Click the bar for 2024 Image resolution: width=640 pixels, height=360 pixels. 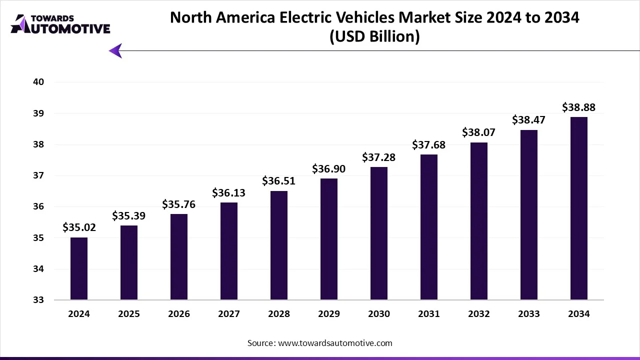(79, 268)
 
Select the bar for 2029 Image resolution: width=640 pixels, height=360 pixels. (329, 239)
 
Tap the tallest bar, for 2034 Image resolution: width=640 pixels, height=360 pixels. (579, 208)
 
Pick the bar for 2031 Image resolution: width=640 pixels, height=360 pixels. (429, 227)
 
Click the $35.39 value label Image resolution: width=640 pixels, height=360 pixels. (129, 216)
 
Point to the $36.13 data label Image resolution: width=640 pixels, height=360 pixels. (229, 192)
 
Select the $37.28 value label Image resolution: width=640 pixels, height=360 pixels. (379, 157)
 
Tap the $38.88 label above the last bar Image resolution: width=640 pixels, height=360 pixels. (579, 107)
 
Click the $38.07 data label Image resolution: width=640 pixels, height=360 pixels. (479, 133)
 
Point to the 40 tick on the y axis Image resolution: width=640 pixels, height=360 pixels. (39, 82)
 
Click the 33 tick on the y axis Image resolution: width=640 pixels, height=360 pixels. (39, 300)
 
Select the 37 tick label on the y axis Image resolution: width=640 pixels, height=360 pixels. (39, 175)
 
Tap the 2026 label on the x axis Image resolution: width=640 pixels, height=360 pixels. (179, 314)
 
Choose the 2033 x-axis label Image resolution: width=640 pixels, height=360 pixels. (529, 314)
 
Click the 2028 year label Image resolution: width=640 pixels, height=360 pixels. (279, 314)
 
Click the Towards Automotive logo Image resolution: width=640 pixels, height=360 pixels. (60, 24)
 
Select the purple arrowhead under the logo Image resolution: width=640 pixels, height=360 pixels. (115, 50)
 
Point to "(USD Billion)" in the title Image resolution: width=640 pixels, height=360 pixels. (374, 36)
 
